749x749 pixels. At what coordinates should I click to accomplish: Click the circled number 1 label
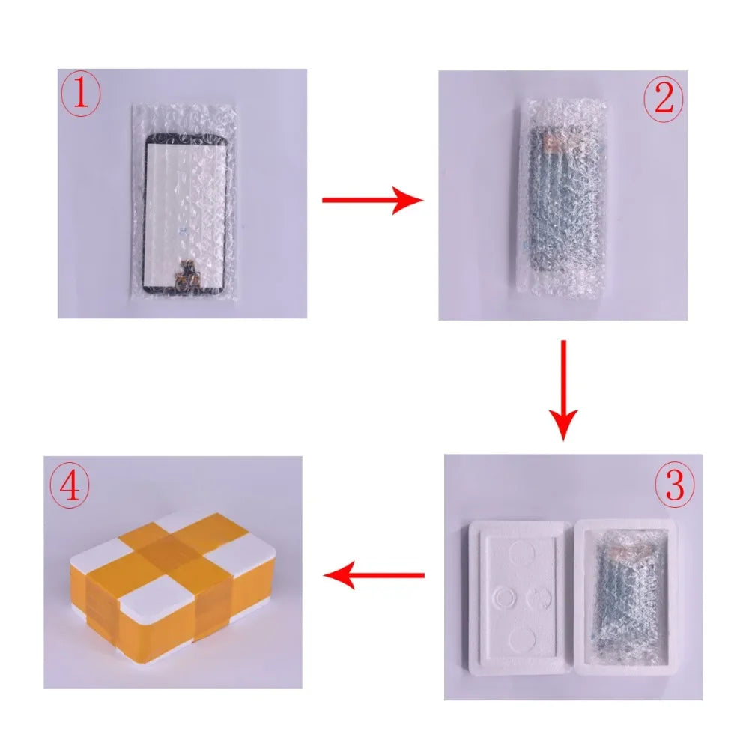click(80, 97)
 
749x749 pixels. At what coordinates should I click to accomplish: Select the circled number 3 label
click(674, 485)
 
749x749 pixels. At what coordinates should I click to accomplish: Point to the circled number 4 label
click(69, 485)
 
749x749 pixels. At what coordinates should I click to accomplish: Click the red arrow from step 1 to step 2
click(372, 200)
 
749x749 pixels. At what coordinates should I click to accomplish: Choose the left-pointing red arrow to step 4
click(374, 576)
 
